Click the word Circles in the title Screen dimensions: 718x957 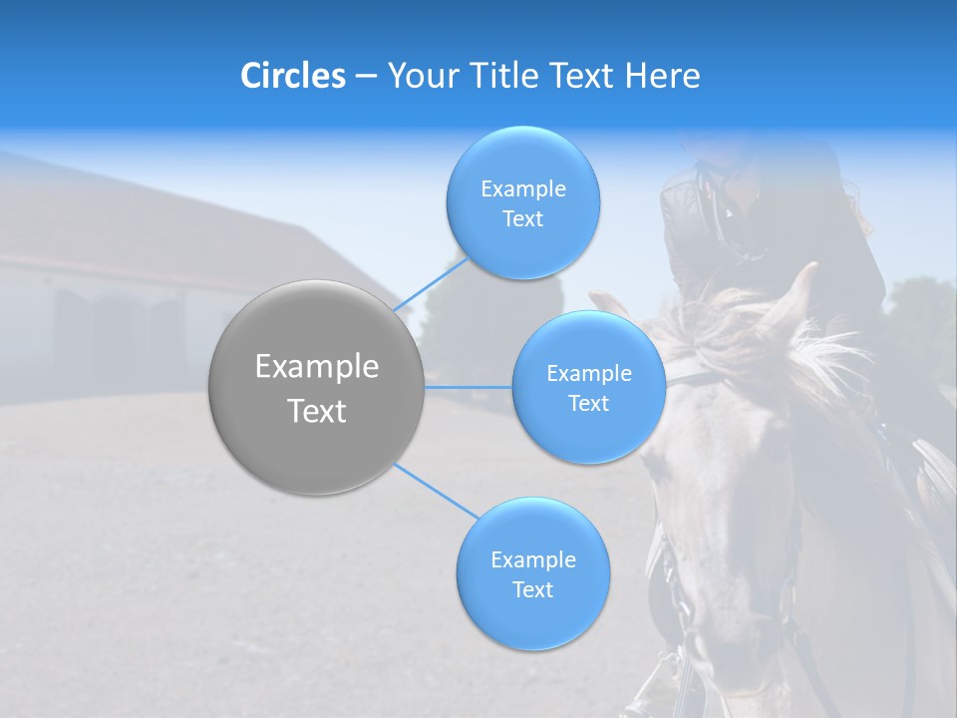(292, 76)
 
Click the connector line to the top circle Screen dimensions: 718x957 (431, 284)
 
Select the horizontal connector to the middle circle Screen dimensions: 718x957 (468, 387)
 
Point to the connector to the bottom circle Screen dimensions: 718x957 (437, 492)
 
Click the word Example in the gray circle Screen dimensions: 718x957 (316, 367)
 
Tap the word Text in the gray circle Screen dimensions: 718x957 (316, 411)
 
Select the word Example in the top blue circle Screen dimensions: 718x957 (522, 188)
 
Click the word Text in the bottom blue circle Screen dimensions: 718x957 (532, 589)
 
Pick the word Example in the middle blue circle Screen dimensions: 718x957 (588, 373)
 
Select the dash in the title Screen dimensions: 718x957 (365, 77)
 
